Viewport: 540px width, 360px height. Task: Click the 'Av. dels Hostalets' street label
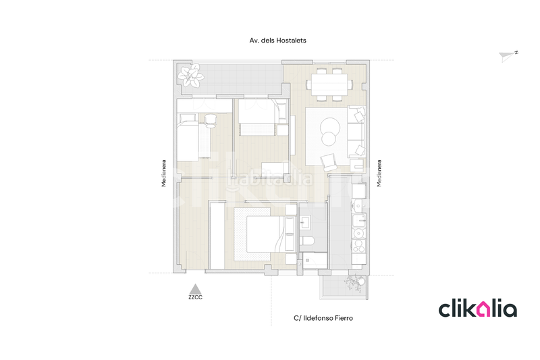pyautogui.click(x=277, y=41)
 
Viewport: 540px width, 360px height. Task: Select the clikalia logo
pyautogui.click(x=478, y=309)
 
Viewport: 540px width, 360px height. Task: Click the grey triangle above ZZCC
pyautogui.click(x=195, y=288)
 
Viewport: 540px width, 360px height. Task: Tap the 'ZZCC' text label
pyautogui.click(x=196, y=297)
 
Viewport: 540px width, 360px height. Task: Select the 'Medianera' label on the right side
pyautogui.click(x=379, y=173)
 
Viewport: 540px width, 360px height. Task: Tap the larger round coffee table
pyautogui.click(x=331, y=124)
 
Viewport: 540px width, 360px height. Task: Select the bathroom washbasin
pyautogui.click(x=305, y=221)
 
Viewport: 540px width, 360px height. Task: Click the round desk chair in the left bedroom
pyautogui.click(x=210, y=121)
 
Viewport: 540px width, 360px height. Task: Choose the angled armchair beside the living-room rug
pyautogui.click(x=329, y=161)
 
